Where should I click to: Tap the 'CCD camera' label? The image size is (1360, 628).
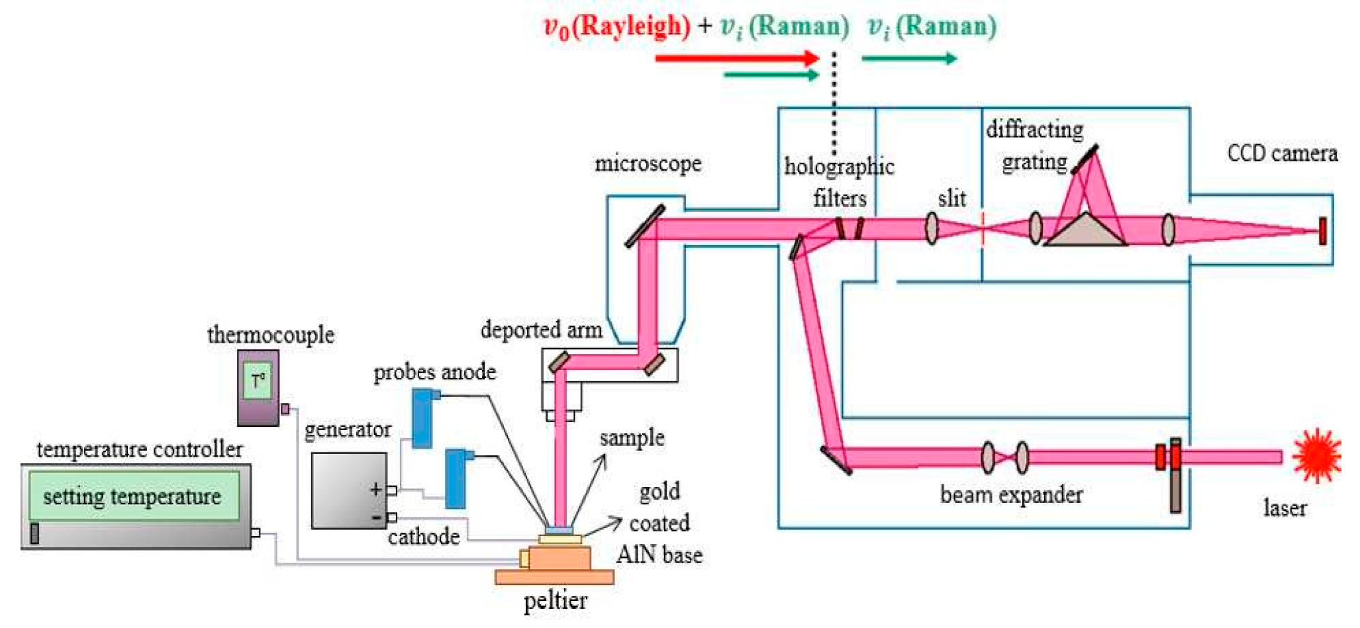pyautogui.click(x=1282, y=154)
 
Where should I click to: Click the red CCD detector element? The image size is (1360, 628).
pyautogui.click(x=1322, y=231)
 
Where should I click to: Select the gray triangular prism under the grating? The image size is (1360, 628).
pyautogui.click(x=1085, y=232)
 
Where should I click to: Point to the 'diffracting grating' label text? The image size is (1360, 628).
pyautogui.click(x=1034, y=146)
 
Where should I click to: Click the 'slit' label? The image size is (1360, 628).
pyautogui.click(x=951, y=198)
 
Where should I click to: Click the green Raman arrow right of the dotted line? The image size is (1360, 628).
pyautogui.click(x=909, y=58)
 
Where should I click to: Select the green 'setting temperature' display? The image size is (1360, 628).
pyautogui.click(x=133, y=496)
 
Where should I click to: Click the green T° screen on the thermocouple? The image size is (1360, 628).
pyautogui.click(x=258, y=381)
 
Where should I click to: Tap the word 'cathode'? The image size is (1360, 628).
pyautogui.click(x=424, y=536)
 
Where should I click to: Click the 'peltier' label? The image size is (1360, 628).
pyautogui.click(x=555, y=601)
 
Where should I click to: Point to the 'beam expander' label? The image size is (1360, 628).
pyautogui.click(x=1011, y=495)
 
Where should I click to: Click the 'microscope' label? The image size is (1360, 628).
pyautogui.click(x=648, y=163)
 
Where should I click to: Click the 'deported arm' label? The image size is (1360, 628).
pyautogui.click(x=541, y=330)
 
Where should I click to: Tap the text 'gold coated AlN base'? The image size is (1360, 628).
pyautogui.click(x=659, y=523)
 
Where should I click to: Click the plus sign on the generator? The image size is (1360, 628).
pyautogui.click(x=375, y=489)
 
